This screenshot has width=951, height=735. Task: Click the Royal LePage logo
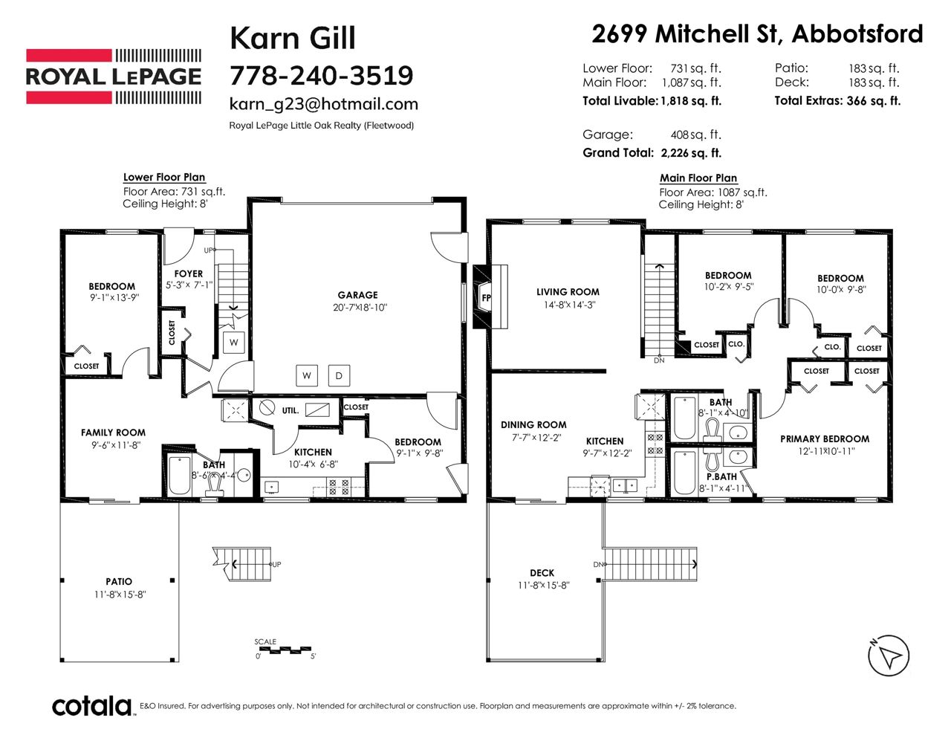[x=114, y=77]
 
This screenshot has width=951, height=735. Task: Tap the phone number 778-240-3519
[x=321, y=75]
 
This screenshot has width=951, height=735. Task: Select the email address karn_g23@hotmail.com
[x=324, y=104]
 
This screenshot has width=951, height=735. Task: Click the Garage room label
[x=357, y=295]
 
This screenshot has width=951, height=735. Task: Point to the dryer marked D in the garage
[x=339, y=375]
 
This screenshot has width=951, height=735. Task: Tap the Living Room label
[x=568, y=292]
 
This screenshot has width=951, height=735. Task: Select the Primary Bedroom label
[x=825, y=439]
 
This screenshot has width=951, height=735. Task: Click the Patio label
[x=119, y=581]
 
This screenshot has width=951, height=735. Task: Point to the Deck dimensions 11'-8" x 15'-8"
[x=543, y=586]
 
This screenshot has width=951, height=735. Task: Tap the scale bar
[x=284, y=650]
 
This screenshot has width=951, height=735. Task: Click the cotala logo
[x=92, y=707]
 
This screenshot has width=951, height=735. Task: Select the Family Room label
[x=113, y=433]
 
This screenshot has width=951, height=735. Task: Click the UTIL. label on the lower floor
[x=291, y=411]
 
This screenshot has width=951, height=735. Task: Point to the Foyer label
[x=188, y=273]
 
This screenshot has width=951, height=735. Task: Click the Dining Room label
[x=533, y=424]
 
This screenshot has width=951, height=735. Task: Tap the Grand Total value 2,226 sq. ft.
[x=691, y=153]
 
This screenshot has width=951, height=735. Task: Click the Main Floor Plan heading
[x=698, y=178]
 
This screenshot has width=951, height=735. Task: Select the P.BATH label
[x=721, y=476]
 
